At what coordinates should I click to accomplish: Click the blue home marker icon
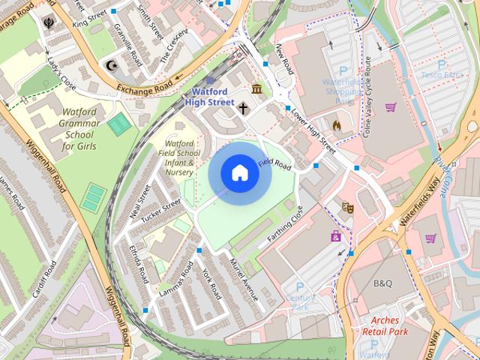[x=239, y=173]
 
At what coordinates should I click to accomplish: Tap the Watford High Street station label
[x=209, y=96]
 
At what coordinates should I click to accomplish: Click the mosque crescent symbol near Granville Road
[x=113, y=65]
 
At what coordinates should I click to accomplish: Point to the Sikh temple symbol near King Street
[x=49, y=22]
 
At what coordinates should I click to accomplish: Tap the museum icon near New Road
[x=257, y=90]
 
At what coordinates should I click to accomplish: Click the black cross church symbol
[x=243, y=109]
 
